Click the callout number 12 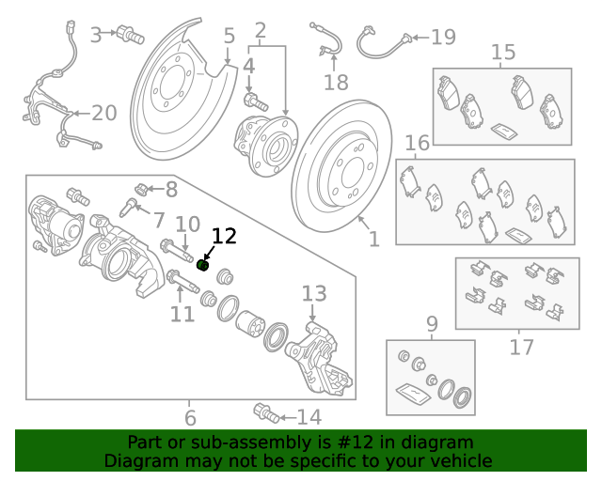(x=224, y=236)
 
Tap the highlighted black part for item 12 (x=201, y=265)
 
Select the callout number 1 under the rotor (x=374, y=240)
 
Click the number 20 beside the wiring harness (x=103, y=114)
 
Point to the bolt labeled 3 (x=129, y=37)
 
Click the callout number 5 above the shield (x=230, y=37)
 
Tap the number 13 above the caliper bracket (x=313, y=294)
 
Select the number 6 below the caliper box (x=190, y=418)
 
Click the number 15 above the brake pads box (x=503, y=52)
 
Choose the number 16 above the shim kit (x=417, y=143)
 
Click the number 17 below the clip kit (x=521, y=348)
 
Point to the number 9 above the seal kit (x=432, y=325)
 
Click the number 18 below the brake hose (x=336, y=83)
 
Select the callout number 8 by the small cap (x=170, y=190)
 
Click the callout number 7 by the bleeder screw (x=159, y=221)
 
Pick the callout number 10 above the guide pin (x=188, y=225)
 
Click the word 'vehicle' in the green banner (x=460, y=461)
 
